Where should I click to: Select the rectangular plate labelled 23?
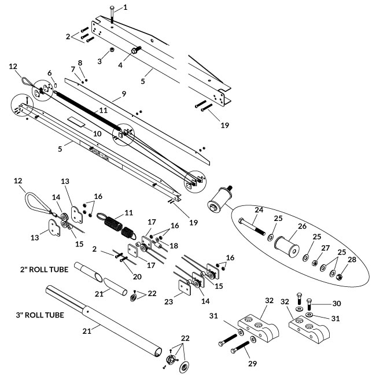(x=183, y=287)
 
